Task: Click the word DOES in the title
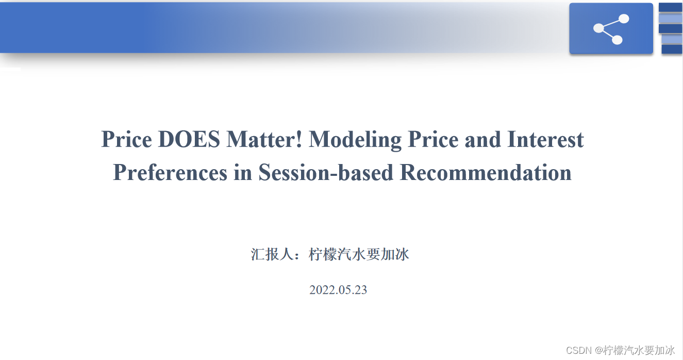[189, 139]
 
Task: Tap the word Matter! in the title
[264, 139]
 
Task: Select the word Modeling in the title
[355, 141]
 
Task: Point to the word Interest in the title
[545, 139]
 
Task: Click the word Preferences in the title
[170, 173]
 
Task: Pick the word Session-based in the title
[326, 173]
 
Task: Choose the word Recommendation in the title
[486, 173]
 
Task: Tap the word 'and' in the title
[482, 139]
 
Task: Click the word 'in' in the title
[243, 173]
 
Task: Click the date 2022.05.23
[338, 290]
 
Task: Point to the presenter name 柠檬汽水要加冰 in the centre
[359, 254]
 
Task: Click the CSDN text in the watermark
[579, 350]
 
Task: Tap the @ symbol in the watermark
[599, 350]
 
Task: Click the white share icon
[611, 29]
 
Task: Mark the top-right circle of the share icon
[624, 19]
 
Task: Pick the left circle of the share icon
[598, 28]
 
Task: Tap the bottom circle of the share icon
[617, 40]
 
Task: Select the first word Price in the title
[126, 139]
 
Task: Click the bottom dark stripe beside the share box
[672, 50]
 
